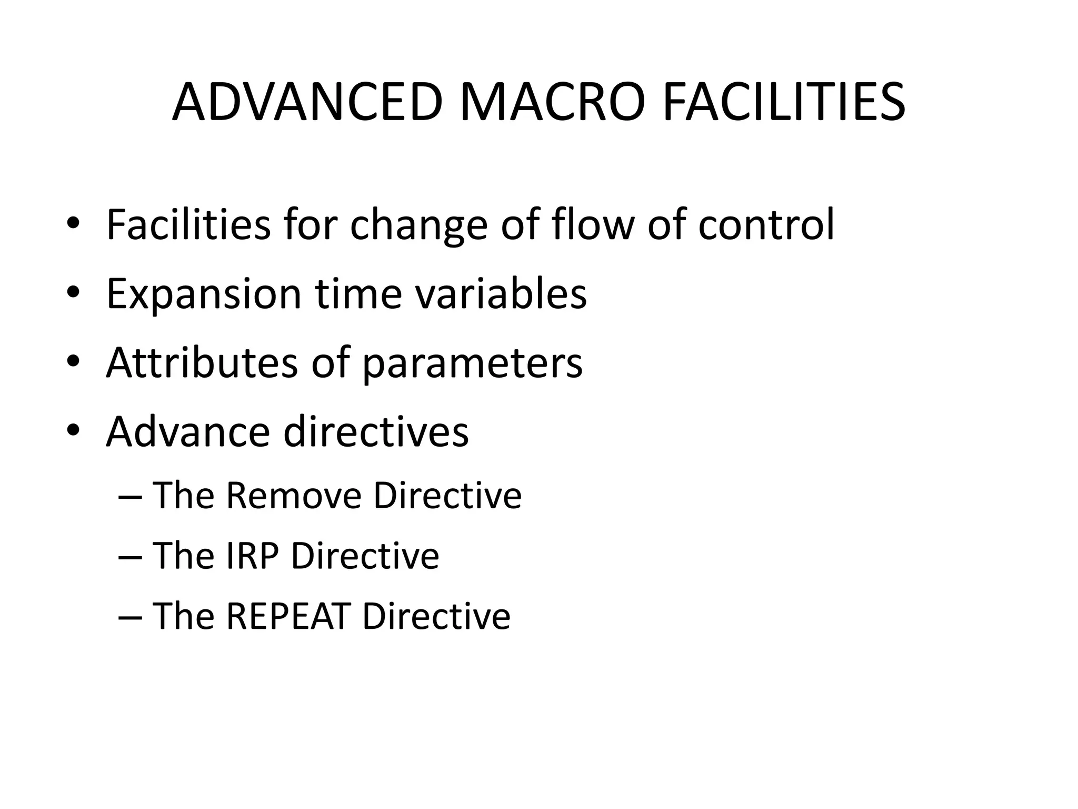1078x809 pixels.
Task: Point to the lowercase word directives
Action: click(376, 431)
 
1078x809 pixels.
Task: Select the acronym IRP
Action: click(252, 556)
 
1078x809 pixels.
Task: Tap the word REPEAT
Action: click(288, 616)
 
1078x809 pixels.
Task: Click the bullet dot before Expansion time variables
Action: click(73, 293)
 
